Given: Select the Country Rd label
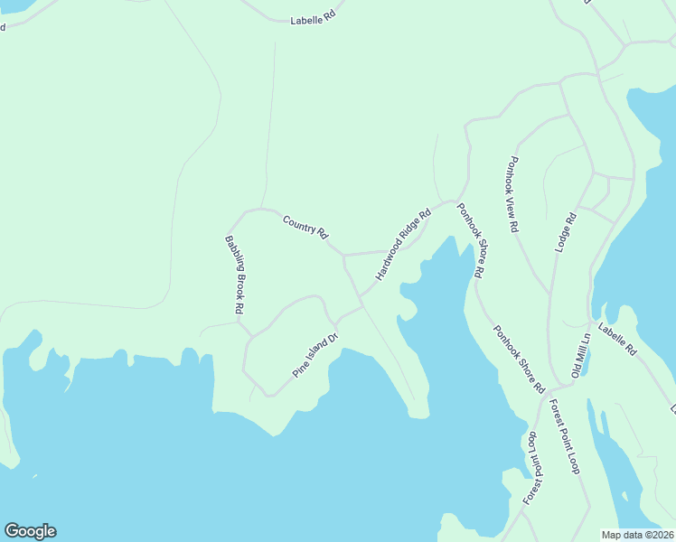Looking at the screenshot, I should tap(305, 226).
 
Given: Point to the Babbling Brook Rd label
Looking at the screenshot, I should tap(235, 275).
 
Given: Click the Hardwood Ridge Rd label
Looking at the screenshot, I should tap(403, 244).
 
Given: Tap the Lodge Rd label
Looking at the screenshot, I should tap(565, 232).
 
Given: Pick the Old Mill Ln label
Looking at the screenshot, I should tap(580, 355).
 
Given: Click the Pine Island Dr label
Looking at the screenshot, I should tap(315, 356).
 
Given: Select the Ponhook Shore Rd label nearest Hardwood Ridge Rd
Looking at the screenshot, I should tap(471, 241).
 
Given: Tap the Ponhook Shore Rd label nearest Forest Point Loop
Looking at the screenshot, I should tap(519, 359).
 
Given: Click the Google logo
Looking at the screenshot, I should tap(30, 531).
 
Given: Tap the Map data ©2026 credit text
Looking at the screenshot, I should tap(638, 535).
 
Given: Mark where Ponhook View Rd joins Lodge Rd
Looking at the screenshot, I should tap(550, 294).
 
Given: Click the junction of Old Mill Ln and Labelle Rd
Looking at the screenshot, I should tap(591, 323).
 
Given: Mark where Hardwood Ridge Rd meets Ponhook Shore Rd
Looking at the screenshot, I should tap(454, 201).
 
